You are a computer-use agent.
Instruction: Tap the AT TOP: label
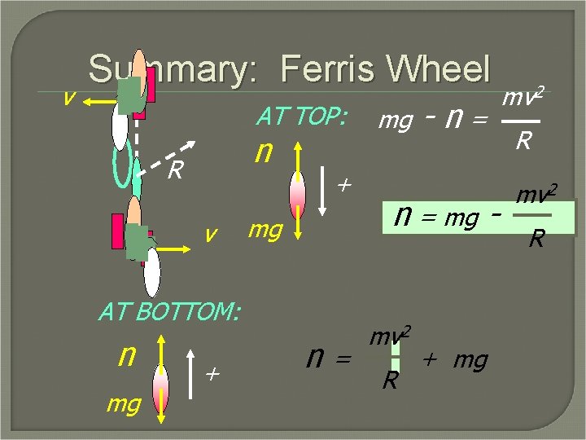301,118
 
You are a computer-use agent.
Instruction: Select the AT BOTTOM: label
169,311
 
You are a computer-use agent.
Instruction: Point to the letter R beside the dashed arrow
173,171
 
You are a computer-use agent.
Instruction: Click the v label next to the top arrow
69,96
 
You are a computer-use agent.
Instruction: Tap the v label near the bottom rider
211,235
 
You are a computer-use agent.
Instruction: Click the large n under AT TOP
262,152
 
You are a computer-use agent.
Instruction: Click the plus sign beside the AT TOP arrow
343,186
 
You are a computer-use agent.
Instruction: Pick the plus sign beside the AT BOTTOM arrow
212,374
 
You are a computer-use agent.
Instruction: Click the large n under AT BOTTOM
126,354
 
